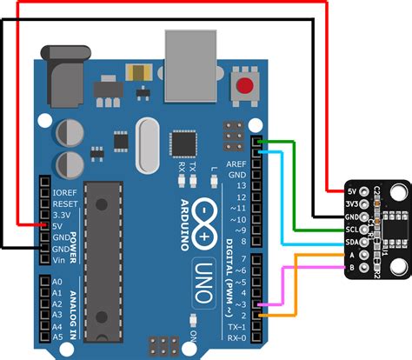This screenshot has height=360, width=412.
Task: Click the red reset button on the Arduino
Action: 247,86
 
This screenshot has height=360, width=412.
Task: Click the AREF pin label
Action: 236,163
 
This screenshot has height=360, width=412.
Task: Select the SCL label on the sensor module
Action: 353,228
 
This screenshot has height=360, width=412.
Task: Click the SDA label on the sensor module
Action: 353,241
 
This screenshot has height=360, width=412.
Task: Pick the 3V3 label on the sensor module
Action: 353,203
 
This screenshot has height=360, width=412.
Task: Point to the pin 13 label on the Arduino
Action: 241,184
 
